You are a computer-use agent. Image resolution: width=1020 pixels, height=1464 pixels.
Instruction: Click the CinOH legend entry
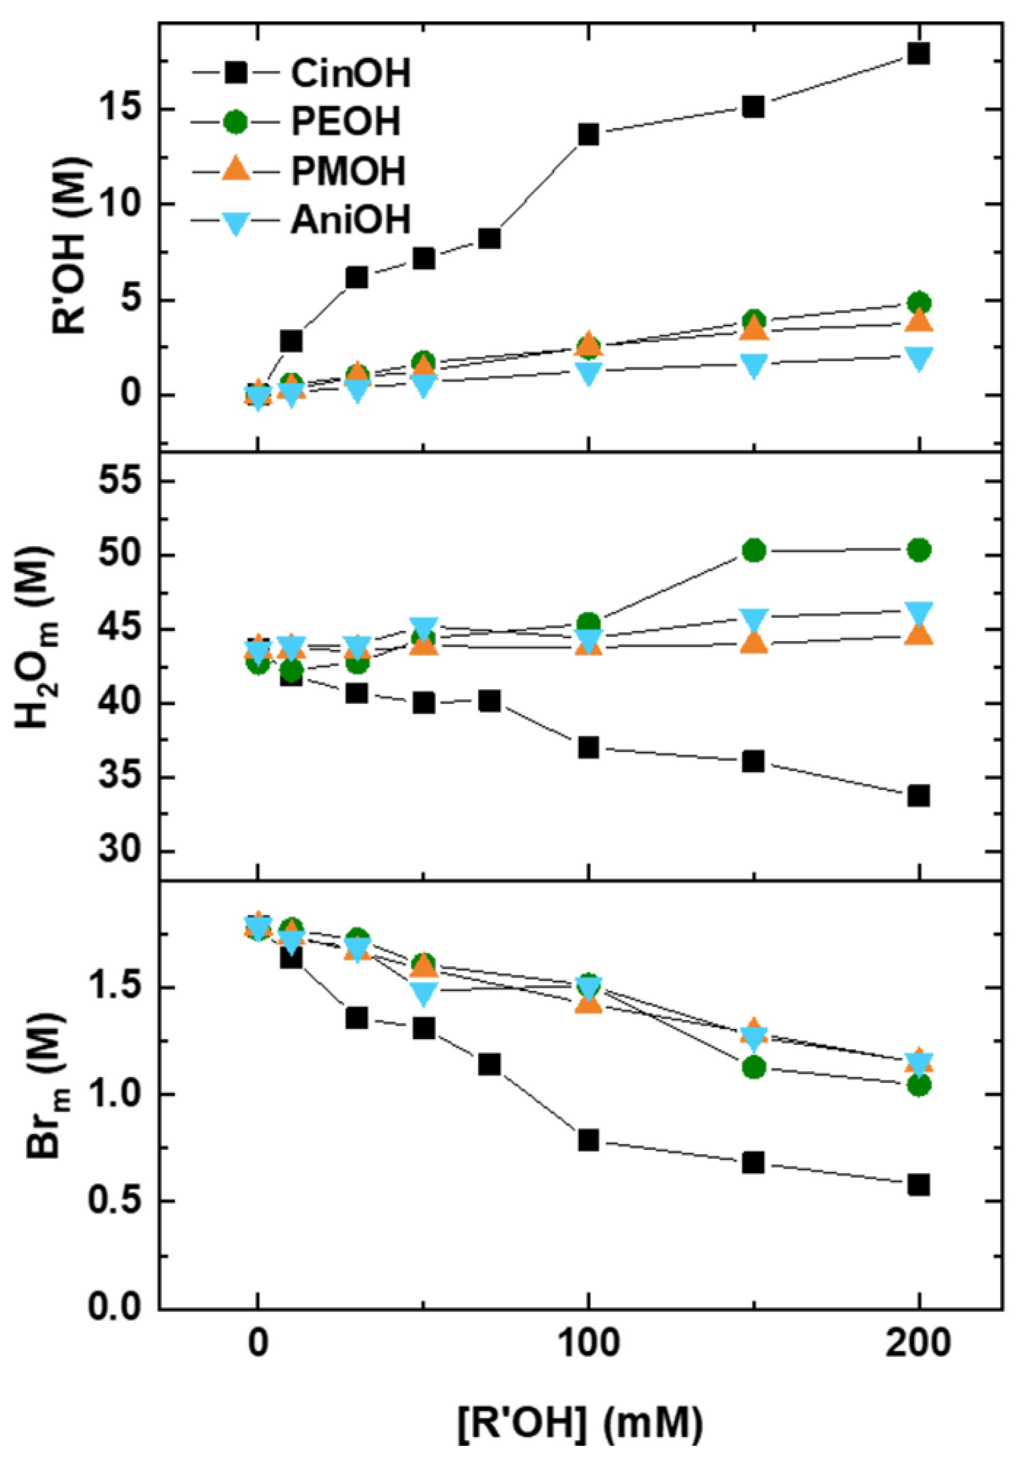click(350, 73)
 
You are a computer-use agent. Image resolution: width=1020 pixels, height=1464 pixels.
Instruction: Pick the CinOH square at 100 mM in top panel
click(588, 134)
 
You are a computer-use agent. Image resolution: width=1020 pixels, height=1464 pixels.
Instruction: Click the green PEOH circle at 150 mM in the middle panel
click(754, 550)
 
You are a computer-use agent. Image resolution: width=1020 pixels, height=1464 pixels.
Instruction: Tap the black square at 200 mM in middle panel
click(918, 796)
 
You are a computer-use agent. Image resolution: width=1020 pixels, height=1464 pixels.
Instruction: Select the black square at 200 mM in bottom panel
click(918, 1185)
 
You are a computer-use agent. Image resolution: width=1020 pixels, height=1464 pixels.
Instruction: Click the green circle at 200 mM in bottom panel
click(918, 1085)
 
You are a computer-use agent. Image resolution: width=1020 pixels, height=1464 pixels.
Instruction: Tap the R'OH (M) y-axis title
click(70, 246)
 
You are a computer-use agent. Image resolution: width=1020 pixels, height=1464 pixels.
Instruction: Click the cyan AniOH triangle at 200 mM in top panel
click(918, 358)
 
